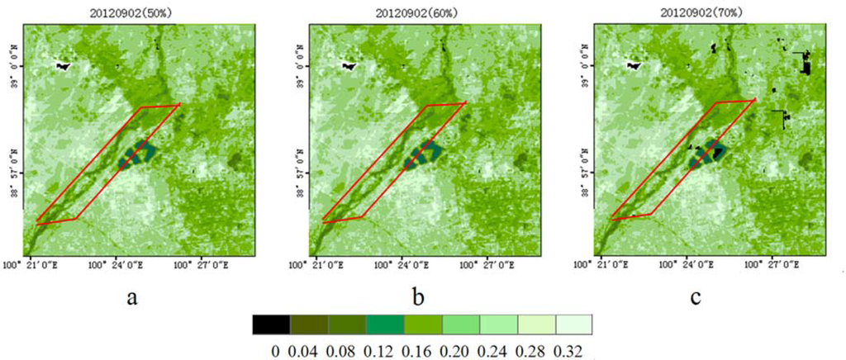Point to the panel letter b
coord(418,297)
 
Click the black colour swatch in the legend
coord(271,324)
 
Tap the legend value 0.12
coord(385,351)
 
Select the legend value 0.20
coord(461,351)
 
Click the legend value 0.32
coord(575,351)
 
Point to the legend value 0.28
coord(537,351)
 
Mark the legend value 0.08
coord(347,351)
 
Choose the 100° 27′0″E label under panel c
coord(772,266)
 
